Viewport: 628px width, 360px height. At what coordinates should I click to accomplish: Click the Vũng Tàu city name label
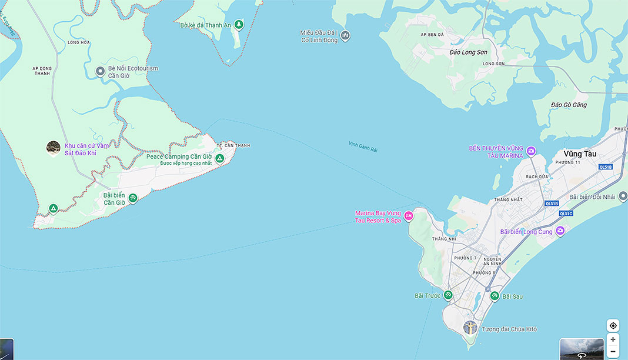(580, 154)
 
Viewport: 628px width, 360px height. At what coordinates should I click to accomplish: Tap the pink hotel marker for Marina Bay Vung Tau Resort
(409, 216)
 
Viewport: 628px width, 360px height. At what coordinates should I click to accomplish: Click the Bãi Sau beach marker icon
(495, 296)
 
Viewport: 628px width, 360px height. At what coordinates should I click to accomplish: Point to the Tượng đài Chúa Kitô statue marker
(470, 328)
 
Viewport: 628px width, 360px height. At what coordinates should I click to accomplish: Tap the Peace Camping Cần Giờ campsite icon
(219, 158)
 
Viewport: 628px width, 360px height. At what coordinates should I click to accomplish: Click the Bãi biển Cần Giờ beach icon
(133, 199)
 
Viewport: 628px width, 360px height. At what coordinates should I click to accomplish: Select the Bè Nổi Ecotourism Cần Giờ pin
(101, 72)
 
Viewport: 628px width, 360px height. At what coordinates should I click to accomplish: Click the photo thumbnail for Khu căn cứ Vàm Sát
(54, 148)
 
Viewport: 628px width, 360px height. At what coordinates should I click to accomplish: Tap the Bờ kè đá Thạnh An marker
(239, 25)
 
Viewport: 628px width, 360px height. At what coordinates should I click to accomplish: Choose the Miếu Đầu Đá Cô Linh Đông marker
(345, 36)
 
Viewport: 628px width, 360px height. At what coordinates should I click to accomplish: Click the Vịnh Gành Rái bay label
(363, 146)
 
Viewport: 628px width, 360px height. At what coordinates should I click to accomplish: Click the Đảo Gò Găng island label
(569, 105)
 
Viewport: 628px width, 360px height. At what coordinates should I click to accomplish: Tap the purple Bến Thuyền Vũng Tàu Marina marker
(531, 152)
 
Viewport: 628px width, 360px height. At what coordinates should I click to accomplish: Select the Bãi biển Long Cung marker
(560, 231)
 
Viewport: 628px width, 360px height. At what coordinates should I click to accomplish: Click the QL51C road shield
(566, 214)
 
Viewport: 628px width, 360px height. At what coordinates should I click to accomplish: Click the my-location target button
(613, 326)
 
